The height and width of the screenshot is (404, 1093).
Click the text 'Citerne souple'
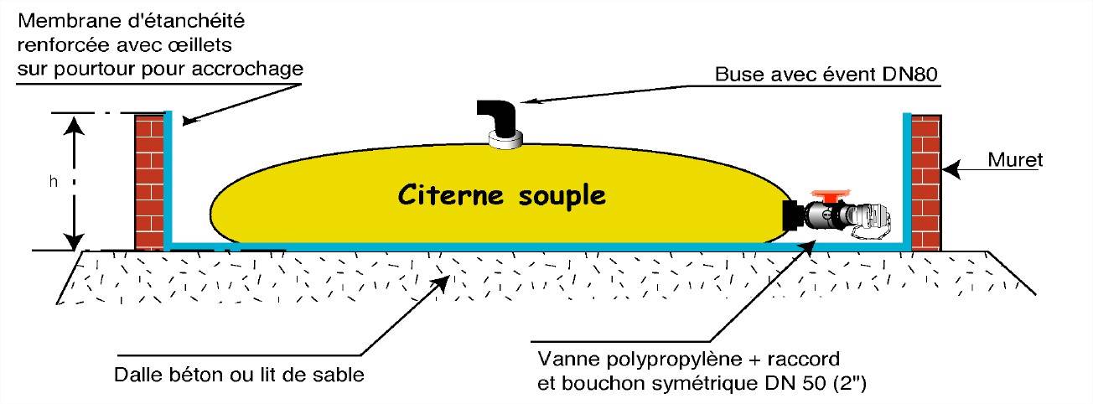tap(500, 195)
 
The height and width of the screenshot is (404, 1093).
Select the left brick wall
tap(148, 182)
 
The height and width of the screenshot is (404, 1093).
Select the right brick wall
tap(926, 182)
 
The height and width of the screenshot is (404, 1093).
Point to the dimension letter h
tap(53, 182)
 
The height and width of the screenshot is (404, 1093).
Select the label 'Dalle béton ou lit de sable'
tap(239, 375)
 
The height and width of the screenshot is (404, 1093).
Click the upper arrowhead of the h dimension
tap(75, 125)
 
